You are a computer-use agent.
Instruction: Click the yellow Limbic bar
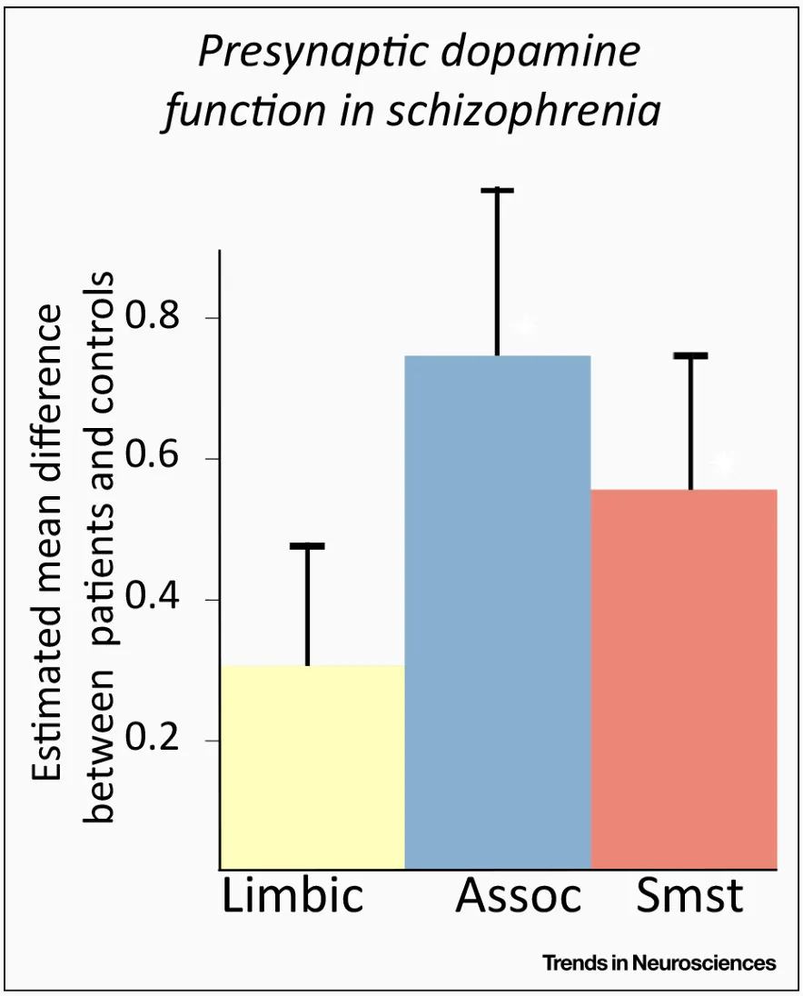(312, 768)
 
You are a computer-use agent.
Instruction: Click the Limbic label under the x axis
(292, 897)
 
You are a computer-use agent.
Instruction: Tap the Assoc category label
(518, 897)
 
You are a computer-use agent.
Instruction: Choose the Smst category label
(689, 897)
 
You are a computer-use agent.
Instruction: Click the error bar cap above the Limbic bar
(307, 546)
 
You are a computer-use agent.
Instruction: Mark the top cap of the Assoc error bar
(497, 191)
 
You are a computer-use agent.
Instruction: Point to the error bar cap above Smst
(690, 356)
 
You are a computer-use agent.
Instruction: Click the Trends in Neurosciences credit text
(659, 963)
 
